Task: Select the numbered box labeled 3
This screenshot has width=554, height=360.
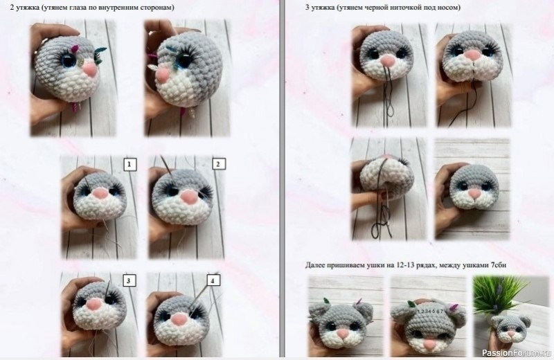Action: pyautogui.click(x=129, y=280)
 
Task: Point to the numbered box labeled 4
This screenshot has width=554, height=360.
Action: pyautogui.click(x=214, y=280)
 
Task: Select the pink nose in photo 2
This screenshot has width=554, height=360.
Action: pyautogui.click(x=186, y=199)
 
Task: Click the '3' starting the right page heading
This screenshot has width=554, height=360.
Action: pyautogui.click(x=307, y=7)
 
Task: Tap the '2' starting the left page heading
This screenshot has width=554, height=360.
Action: pyautogui.click(x=3, y=7)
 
